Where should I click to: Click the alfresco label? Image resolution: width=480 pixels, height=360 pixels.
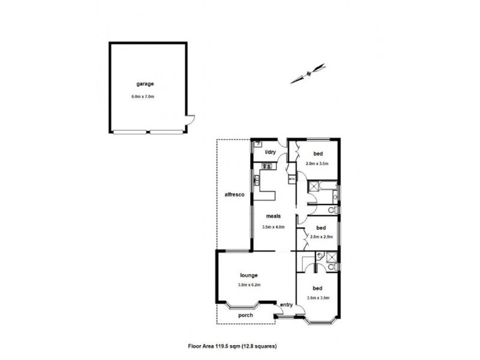click(233, 195)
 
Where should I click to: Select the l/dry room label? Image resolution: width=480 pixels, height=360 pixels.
click(271, 152)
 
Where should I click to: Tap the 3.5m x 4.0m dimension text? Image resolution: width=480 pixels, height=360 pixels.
click(273, 227)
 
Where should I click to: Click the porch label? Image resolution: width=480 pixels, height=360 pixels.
click(245, 315)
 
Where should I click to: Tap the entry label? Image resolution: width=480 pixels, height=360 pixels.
click(286, 305)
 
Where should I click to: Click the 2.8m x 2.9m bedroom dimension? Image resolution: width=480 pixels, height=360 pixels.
click(321, 237)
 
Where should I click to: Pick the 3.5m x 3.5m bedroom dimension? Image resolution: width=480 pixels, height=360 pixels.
click(319, 296)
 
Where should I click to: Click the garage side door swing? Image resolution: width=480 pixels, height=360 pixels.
click(190, 122)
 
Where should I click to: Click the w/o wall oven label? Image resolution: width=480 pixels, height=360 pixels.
click(292, 179)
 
